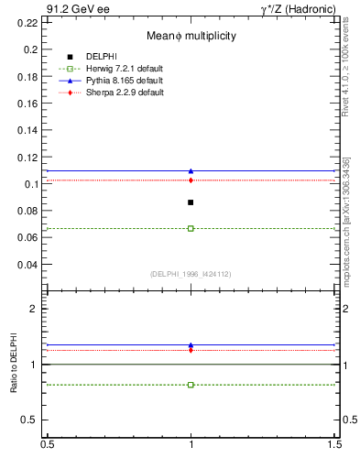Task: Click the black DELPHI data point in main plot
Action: [191, 202]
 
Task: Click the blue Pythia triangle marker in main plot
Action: [191, 170]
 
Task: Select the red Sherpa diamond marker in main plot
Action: [191, 180]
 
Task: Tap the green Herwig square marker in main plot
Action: [191, 228]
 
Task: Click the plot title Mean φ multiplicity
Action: [191, 36]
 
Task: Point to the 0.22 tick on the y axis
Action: [28, 23]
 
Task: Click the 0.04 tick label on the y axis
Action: [28, 265]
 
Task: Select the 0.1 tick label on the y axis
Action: [31, 184]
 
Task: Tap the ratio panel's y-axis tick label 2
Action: [34, 309]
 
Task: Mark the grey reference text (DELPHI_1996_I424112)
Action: [191, 273]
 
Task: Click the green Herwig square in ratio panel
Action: [191, 385]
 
